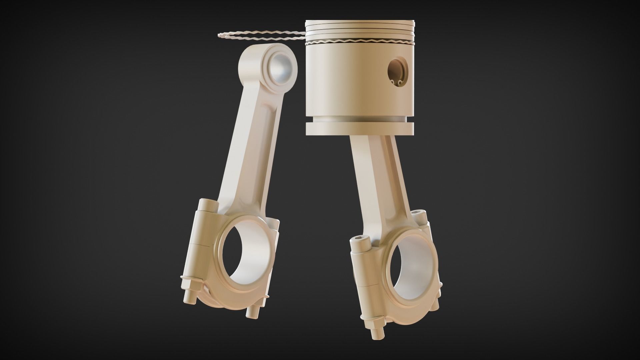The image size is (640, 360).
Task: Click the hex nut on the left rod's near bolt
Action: (190, 283)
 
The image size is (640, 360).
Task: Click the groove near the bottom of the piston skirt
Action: (360, 119)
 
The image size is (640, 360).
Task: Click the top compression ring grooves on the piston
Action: (360, 28)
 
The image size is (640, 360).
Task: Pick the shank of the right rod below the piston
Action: (373, 173)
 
